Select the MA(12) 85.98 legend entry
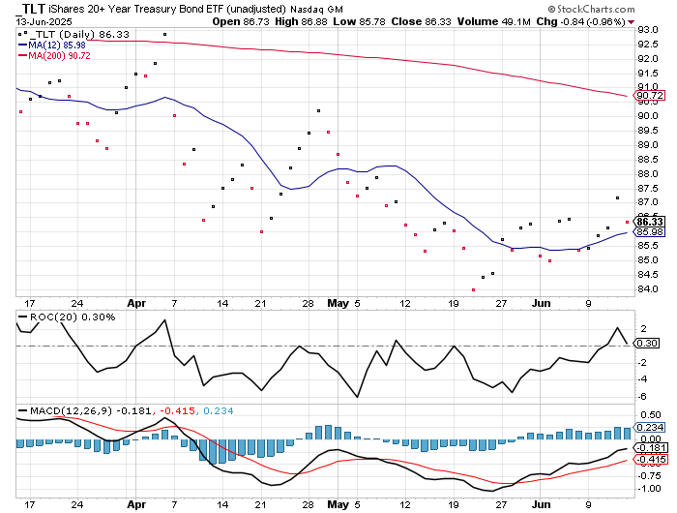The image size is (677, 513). [x=57, y=44]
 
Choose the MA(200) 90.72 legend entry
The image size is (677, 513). [x=59, y=55]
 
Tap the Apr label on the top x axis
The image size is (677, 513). [x=136, y=302]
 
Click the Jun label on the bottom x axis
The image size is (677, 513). [x=544, y=504]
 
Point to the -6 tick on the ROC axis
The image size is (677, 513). [x=644, y=396]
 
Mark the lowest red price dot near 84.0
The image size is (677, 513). [x=474, y=289]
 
